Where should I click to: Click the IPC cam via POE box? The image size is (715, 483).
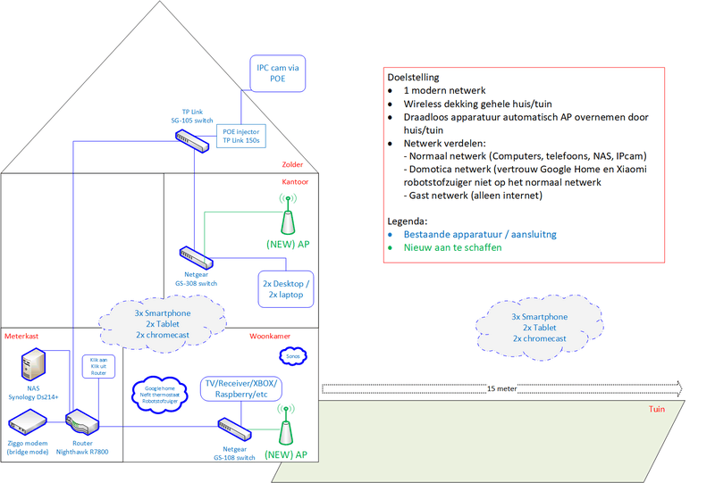(279, 73)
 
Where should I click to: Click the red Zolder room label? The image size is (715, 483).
(292, 164)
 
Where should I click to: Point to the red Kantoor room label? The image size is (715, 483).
(295, 181)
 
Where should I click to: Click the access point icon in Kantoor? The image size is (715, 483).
(288, 217)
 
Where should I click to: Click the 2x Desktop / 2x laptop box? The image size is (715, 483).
(285, 287)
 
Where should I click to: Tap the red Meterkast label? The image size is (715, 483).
(21, 336)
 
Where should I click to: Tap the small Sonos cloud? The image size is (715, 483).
(291, 356)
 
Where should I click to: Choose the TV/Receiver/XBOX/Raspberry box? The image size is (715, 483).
(241, 388)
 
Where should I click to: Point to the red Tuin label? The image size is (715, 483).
(659, 411)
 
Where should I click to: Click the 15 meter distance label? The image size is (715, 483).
(503, 389)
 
